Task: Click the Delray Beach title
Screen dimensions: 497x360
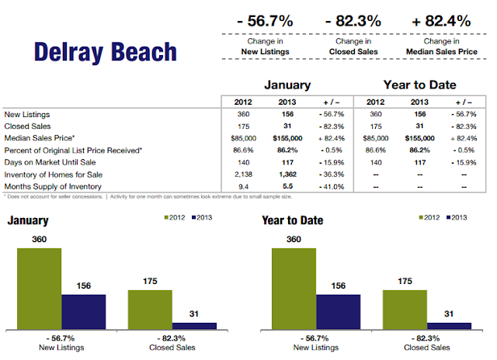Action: click(x=106, y=52)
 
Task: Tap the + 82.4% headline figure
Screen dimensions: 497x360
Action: click(x=441, y=21)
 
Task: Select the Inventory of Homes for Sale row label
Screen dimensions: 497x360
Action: click(x=54, y=175)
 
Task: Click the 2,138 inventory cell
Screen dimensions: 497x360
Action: click(x=243, y=175)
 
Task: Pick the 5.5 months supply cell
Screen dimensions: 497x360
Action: click(x=287, y=186)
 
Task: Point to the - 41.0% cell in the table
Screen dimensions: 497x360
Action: click(x=332, y=187)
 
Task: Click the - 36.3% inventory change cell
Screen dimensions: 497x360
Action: click(x=332, y=175)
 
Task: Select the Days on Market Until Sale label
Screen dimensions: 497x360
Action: click(x=50, y=162)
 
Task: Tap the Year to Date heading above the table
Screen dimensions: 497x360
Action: click(x=419, y=85)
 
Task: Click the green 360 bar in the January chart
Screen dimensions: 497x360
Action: click(x=40, y=289)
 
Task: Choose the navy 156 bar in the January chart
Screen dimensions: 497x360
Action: click(x=84, y=312)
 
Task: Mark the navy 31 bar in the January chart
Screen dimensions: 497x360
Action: click(x=194, y=326)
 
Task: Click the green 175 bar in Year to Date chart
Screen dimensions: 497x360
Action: click(x=405, y=310)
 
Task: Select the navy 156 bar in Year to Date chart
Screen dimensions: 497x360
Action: click(x=339, y=312)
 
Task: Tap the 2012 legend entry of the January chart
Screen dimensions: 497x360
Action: click(x=175, y=217)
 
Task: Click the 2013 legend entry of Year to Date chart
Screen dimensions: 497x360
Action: click(x=457, y=217)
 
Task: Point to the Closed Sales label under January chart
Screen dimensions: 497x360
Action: click(x=172, y=348)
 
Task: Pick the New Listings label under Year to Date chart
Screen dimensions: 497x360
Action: click(x=316, y=348)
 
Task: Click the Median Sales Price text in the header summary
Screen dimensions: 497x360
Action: click(x=442, y=52)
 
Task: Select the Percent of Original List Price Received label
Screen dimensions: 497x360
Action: click(x=73, y=151)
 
